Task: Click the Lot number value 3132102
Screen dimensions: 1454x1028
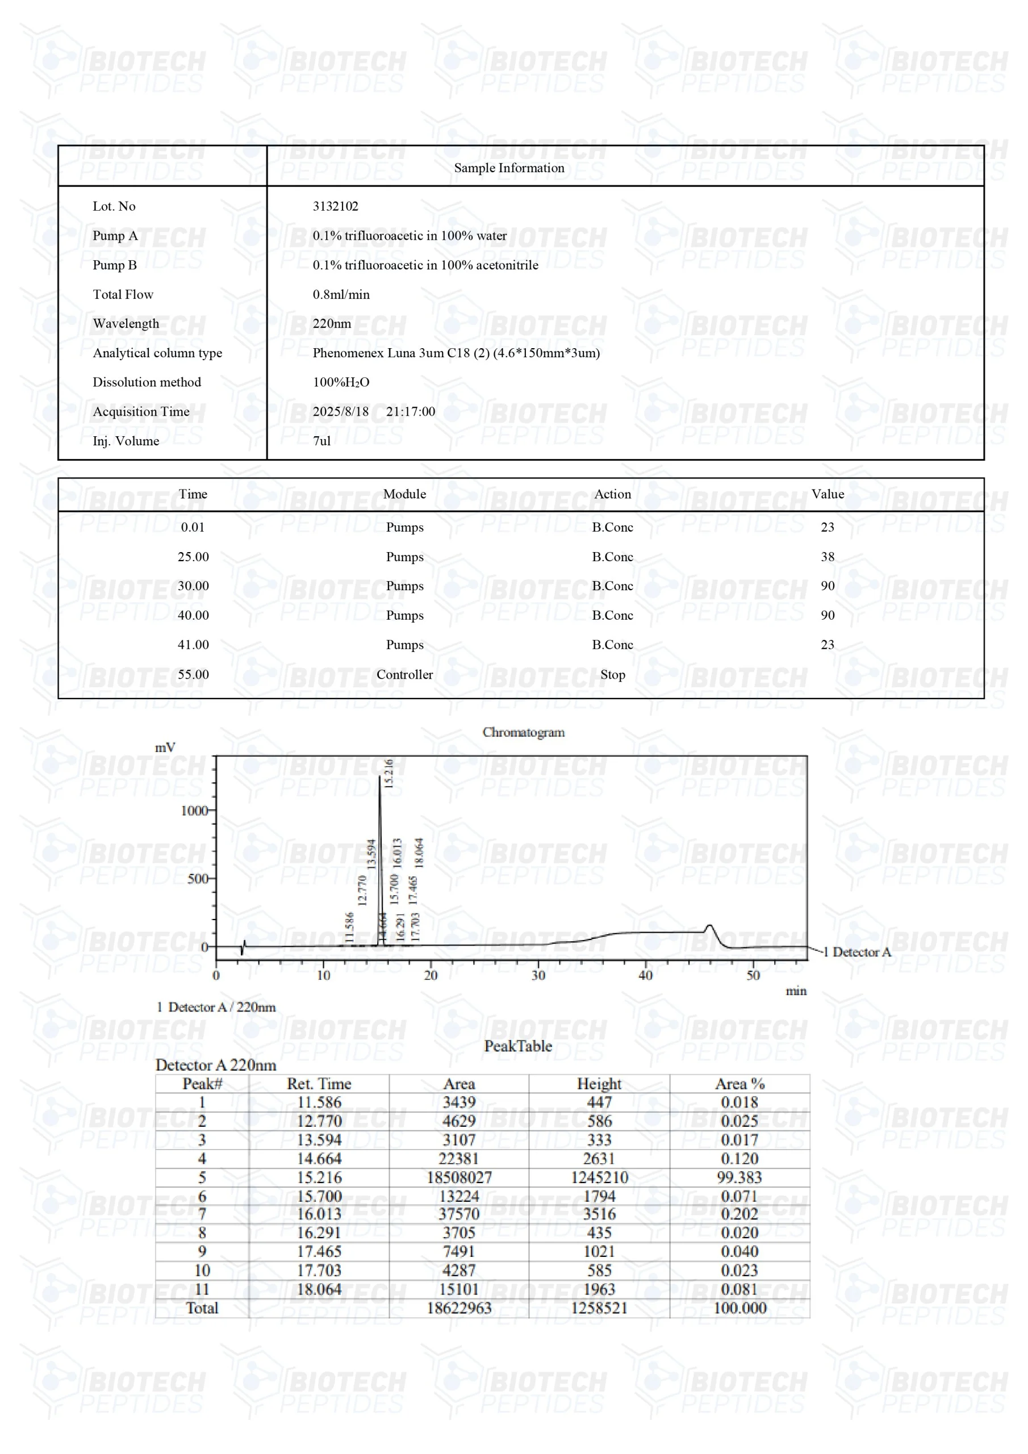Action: click(335, 206)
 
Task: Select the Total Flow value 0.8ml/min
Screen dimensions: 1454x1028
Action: click(341, 294)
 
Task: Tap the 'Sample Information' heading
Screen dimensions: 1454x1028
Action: click(509, 168)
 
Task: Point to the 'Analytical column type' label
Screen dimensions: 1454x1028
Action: click(157, 353)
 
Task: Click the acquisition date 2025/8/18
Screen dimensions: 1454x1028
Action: click(341, 412)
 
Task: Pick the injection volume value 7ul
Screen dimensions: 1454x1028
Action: click(322, 441)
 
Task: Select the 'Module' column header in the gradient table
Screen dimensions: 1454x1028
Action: click(404, 494)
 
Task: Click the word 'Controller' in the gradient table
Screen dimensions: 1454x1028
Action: click(404, 674)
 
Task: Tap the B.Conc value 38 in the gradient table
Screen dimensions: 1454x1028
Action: click(827, 557)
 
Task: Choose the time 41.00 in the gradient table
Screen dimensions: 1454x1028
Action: click(193, 645)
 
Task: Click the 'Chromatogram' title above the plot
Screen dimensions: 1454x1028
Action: click(523, 732)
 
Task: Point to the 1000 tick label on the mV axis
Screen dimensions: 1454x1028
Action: click(194, 810)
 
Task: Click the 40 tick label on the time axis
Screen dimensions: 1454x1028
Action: click(645, 975)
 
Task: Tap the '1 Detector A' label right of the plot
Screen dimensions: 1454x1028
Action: click(857, 952)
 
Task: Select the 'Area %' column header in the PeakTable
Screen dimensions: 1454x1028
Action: click(739, 1084)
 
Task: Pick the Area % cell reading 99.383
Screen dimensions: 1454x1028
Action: click(739, 1177)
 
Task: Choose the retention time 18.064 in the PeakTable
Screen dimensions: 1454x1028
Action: click(319, 1289)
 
